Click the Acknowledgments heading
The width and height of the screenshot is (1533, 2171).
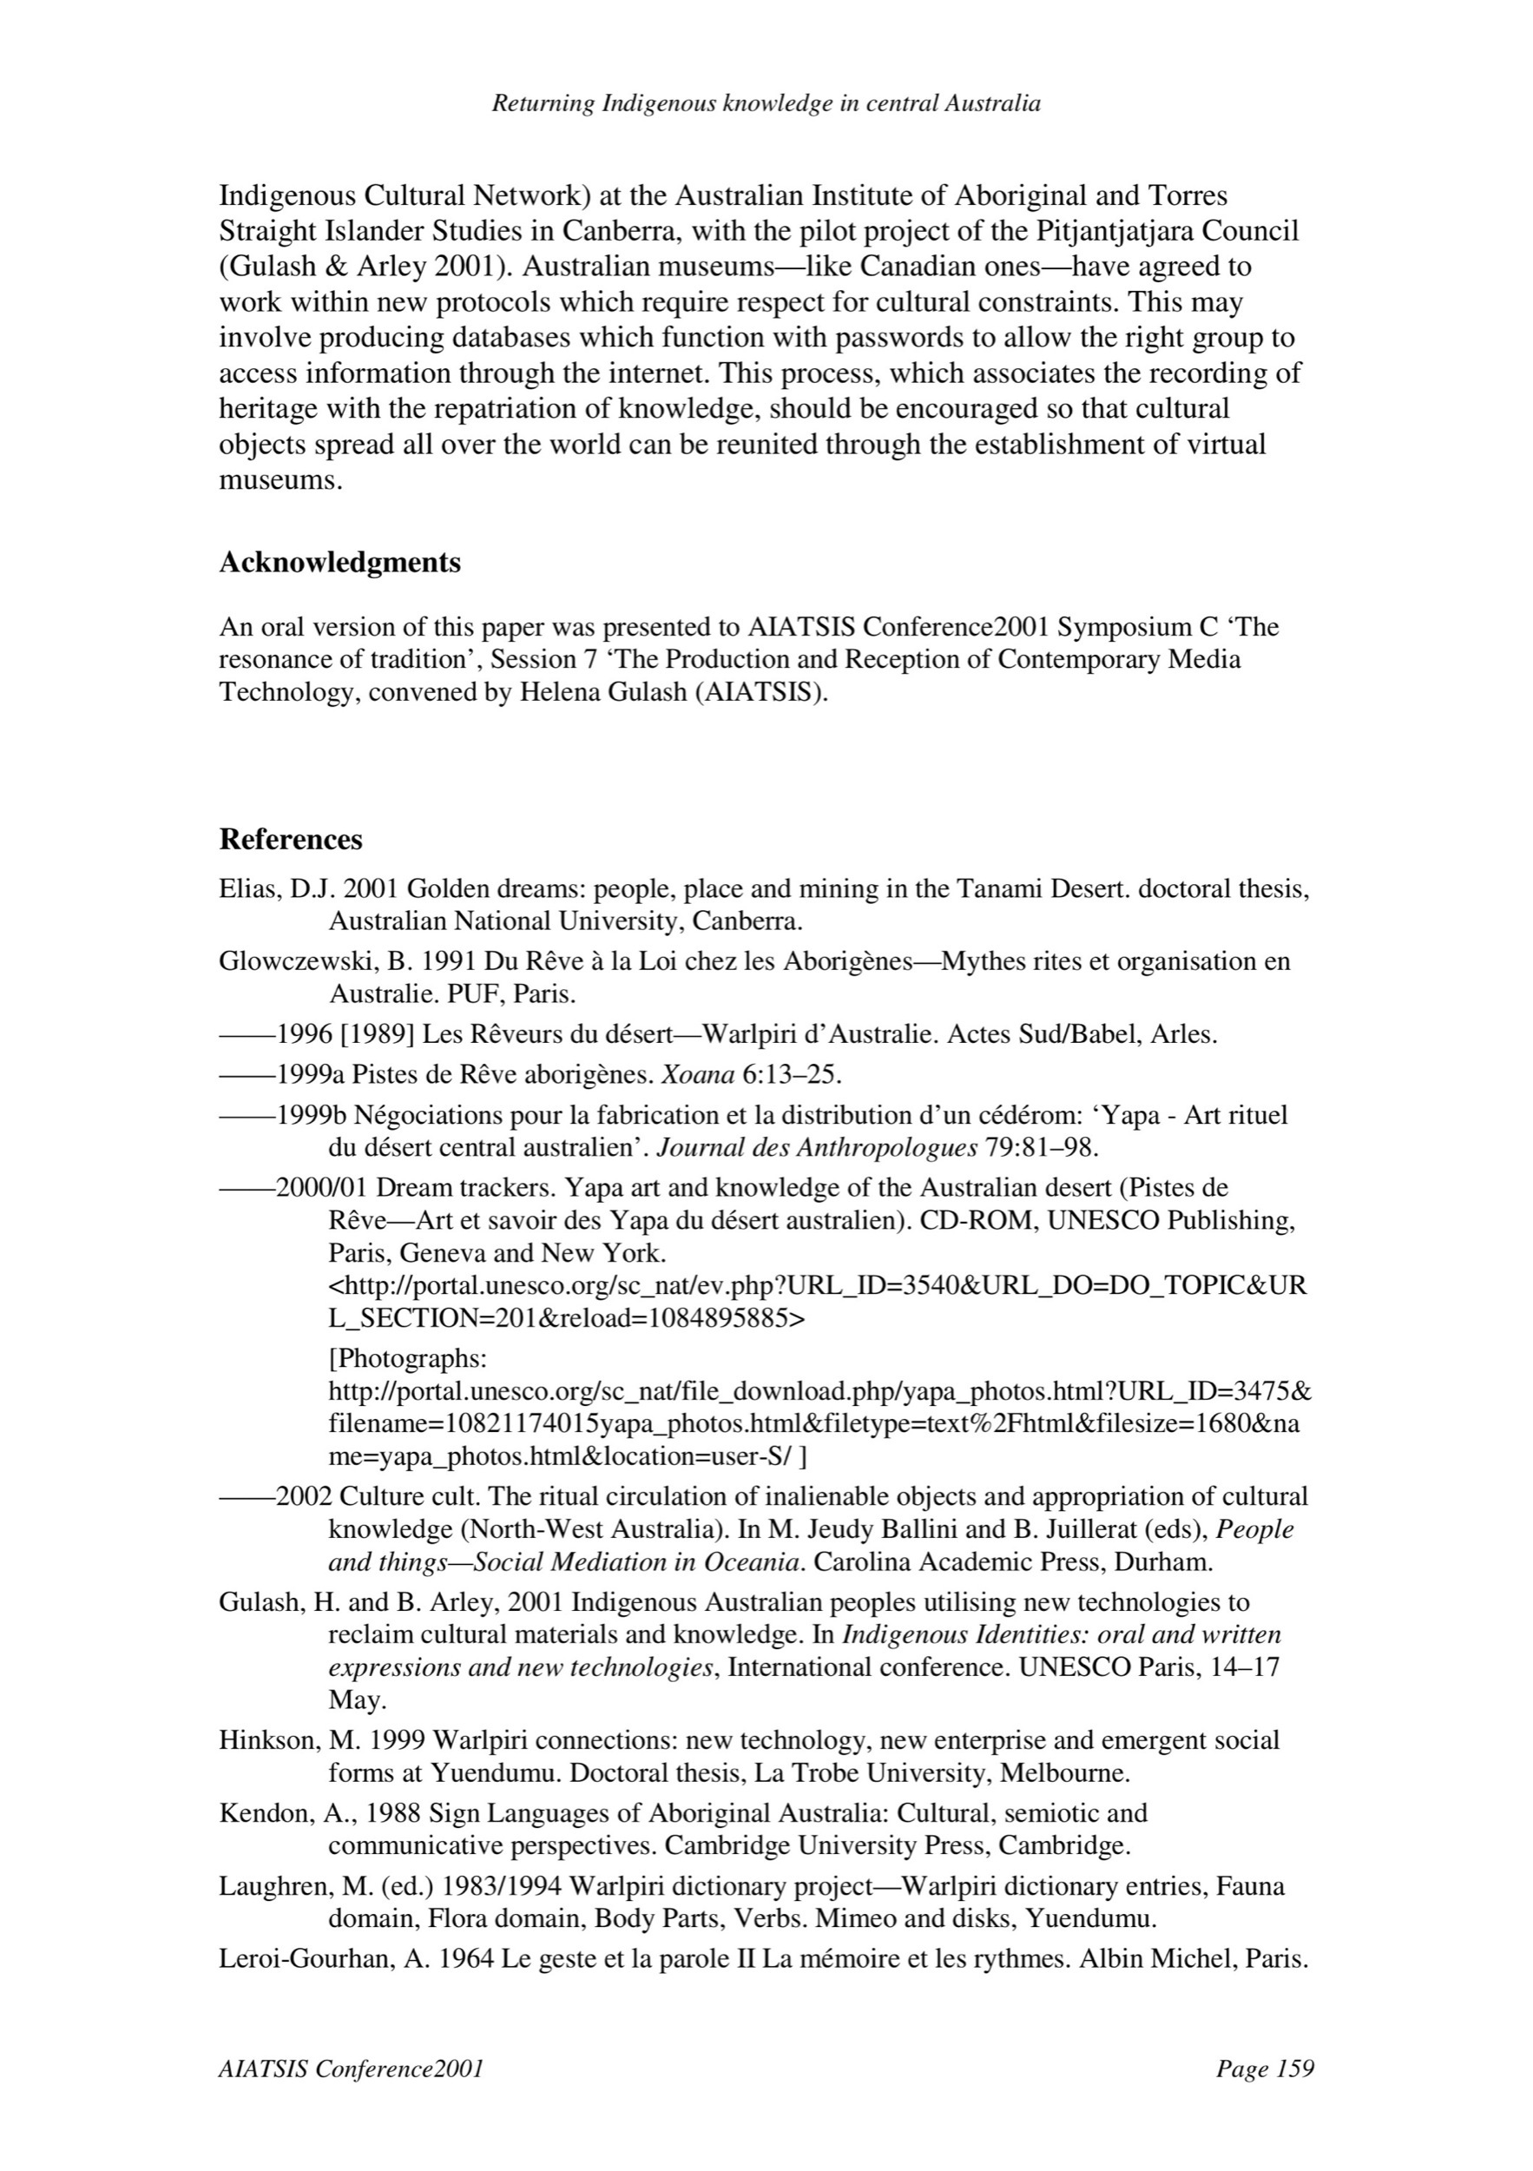(339, 563)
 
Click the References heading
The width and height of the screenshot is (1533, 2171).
(290, 839)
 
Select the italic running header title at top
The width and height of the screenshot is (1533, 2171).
(766, 103)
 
